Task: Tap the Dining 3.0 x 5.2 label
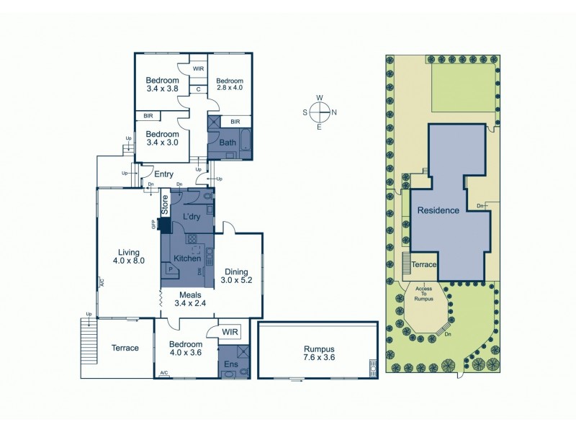click(x=236, y=276)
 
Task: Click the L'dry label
click(x=192, y=216)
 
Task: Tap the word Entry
click(x=163, y=174)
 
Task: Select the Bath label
click(x=228, y=143)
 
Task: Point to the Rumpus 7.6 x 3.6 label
click(x=318, y=353)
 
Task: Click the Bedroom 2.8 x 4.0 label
click(x=230, y=85)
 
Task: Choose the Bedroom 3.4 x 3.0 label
click(x=163, y=138)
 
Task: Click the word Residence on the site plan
click(x=438, y=211)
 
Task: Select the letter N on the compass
click(x=334, y=112)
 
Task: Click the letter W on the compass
click(x=320, y=98)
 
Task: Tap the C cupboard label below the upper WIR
click(x=198, y=89)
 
